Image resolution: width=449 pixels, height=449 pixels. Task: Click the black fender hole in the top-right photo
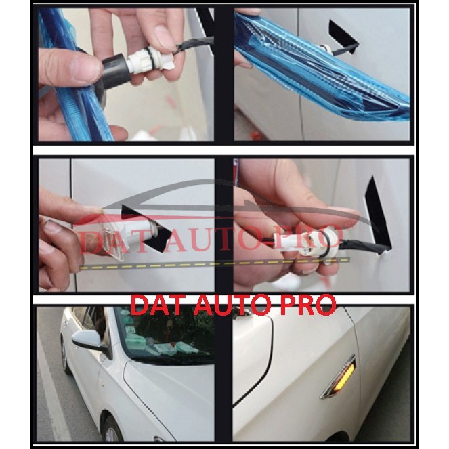coord(343,35)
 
